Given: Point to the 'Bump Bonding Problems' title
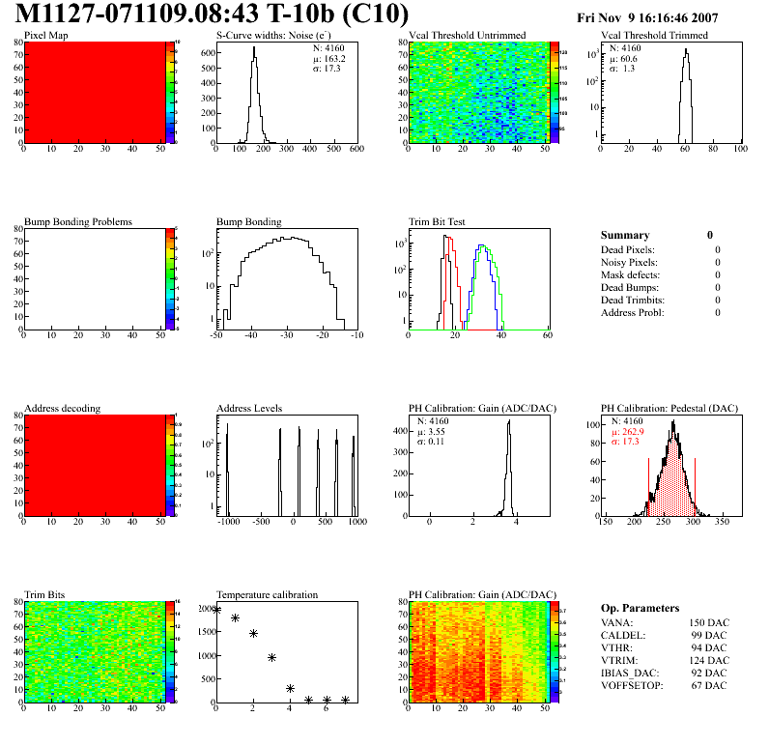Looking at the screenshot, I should (78, 222).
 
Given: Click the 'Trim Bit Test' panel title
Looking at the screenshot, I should (438, 222).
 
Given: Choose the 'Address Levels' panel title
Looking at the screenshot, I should (249, 409).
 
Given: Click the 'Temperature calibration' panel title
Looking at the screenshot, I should (268, 595).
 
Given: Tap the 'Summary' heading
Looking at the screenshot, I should (625, 235).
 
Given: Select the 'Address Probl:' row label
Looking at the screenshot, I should (633, 312).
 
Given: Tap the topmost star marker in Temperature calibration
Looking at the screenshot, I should (217, 610).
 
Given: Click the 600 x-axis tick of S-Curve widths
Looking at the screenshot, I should (356, 149).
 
